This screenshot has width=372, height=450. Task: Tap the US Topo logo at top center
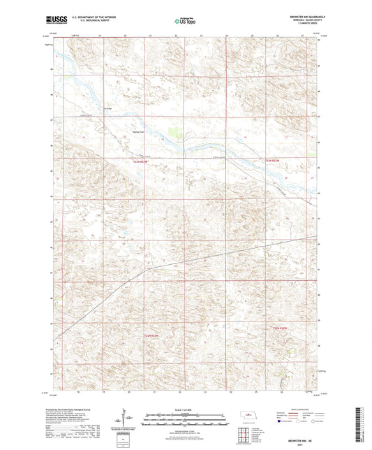pos(185,22)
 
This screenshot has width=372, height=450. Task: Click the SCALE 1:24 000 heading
pos(186,409)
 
